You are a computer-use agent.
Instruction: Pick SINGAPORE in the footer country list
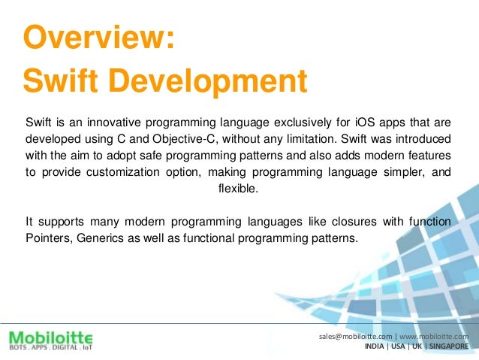pyautogui.click(x=448, y=347)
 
